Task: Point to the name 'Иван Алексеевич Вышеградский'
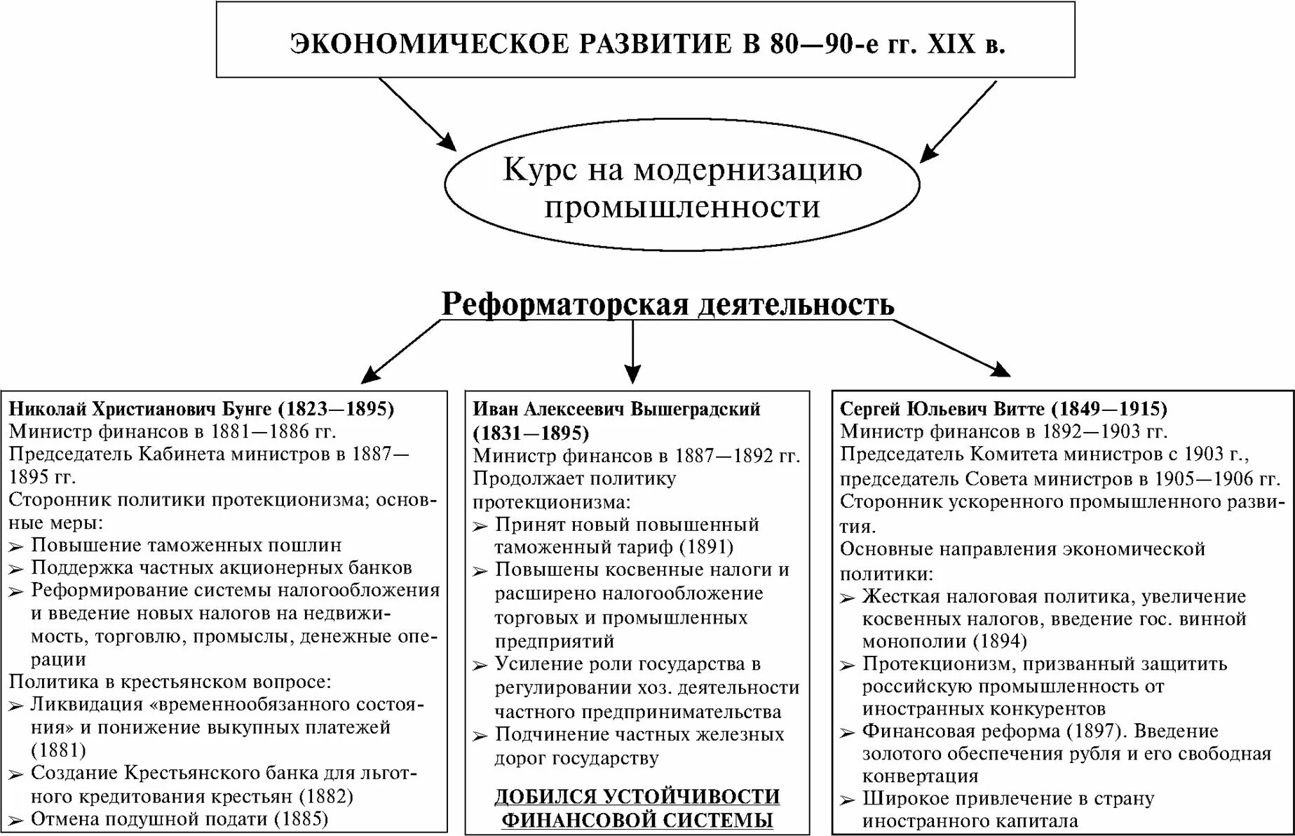616,408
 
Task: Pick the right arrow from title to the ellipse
958,121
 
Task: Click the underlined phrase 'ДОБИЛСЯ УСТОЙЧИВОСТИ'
637,797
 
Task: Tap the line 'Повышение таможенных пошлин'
187,545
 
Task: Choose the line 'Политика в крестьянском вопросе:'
170,682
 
